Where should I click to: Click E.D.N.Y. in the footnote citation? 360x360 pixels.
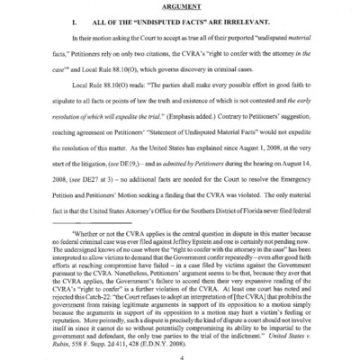(160, 312)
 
